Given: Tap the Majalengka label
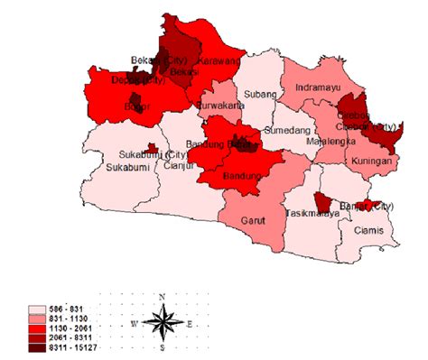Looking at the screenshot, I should [x=331, y=143].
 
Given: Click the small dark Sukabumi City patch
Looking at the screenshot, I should [x=154, y=147].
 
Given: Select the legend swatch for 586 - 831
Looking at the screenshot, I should [x=36, y=309].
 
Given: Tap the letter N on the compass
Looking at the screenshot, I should [x=161, y=297].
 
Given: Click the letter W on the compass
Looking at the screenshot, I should [x=133, y=322].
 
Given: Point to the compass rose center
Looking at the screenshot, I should [x=161, y=322].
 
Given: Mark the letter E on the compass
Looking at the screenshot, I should [x=190, y=322].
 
